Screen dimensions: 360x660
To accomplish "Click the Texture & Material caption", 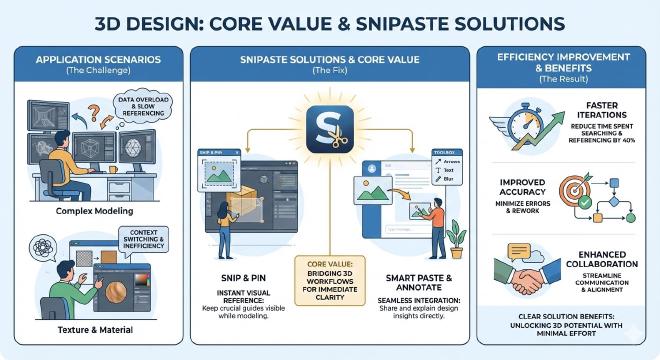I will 96,327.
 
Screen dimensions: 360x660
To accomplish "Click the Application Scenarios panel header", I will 96,63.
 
